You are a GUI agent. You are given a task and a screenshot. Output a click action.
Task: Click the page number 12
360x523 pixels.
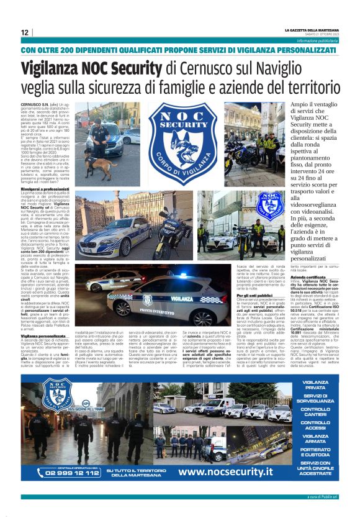pyautogui.click(x=25, y=32)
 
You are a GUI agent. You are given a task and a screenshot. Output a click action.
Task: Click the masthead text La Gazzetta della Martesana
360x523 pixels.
pyautogui.click(x=311, y=30)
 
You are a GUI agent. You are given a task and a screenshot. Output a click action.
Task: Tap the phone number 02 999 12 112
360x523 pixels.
pyautogui.click(x=61, y=473)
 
